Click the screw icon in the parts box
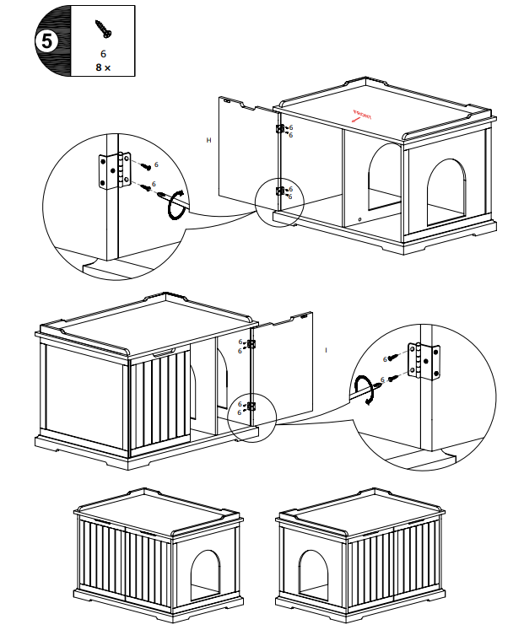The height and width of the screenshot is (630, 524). pyautogui.click(x=103, y=29)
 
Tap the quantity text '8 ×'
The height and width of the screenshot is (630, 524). pyautogui.click(x=103, y=67)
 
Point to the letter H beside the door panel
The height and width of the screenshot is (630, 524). pyautogui.click(x=208, y=140)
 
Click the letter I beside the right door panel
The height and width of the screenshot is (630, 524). pyautogui.click(x=327, y=348)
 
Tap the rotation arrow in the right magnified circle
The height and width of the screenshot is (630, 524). pyautogui.click(x=365, y=392)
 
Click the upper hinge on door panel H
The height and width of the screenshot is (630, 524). pyautogui.click(x=279, y=130)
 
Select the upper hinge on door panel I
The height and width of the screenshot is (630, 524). pyautogui.click(x=251, y=344)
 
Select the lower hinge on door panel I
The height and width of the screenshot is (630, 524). pyautogui.click(x=251, y=407)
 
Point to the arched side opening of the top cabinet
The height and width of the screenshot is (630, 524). pyautogui.click(x=448, y=191)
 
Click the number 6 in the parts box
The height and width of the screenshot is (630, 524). pyautogui.click(x=103, y=53)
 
